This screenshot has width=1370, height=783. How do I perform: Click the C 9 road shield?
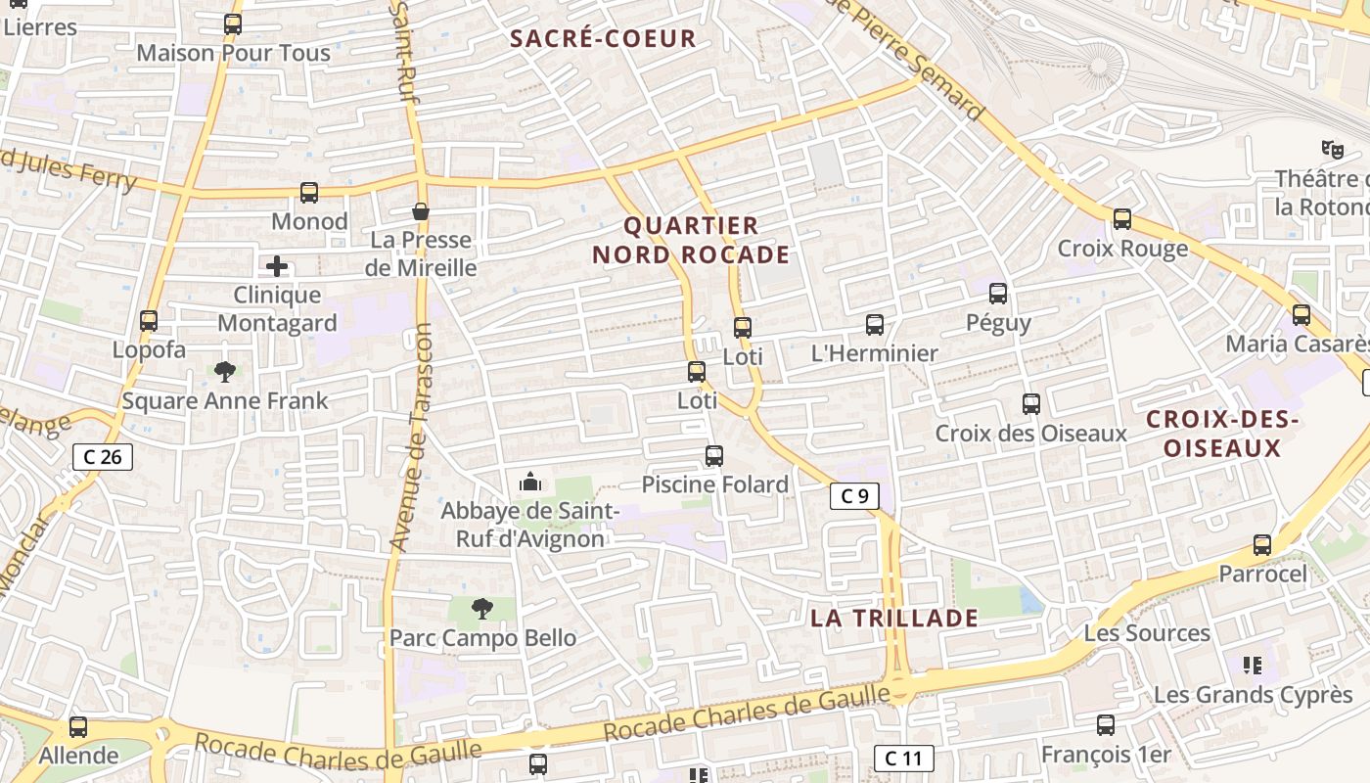[854, 496]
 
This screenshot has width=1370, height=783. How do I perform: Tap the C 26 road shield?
[103, 456]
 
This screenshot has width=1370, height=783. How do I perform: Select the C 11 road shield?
[903, 758]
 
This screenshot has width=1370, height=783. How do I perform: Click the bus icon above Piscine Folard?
[714, 455]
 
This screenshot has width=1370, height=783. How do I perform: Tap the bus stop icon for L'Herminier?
[875, 325]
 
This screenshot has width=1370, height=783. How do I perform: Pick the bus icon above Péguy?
[998, 293]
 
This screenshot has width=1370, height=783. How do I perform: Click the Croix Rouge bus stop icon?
[1122, 219]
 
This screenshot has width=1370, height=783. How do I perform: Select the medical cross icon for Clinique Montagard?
[277, 265]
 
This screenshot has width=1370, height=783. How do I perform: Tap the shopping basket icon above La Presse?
[421, 211]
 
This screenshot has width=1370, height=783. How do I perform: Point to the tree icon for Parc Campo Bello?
[481, 610]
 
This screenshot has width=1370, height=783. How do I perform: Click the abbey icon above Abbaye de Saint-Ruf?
[530, 482]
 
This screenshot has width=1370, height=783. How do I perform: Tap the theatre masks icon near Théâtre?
[1331, 150]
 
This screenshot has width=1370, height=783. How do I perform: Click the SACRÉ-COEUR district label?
[603, 39]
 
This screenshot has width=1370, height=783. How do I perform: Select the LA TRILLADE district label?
[894, 618]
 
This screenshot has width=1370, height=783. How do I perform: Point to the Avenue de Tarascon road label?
[411, 436]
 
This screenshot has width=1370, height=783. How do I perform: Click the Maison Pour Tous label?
[233, 53]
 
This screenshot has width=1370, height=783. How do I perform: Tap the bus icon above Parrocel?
[1262, 545]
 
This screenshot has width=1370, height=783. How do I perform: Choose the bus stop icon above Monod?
[309, 193]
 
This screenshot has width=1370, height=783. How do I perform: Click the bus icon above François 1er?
[1106, 725]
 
